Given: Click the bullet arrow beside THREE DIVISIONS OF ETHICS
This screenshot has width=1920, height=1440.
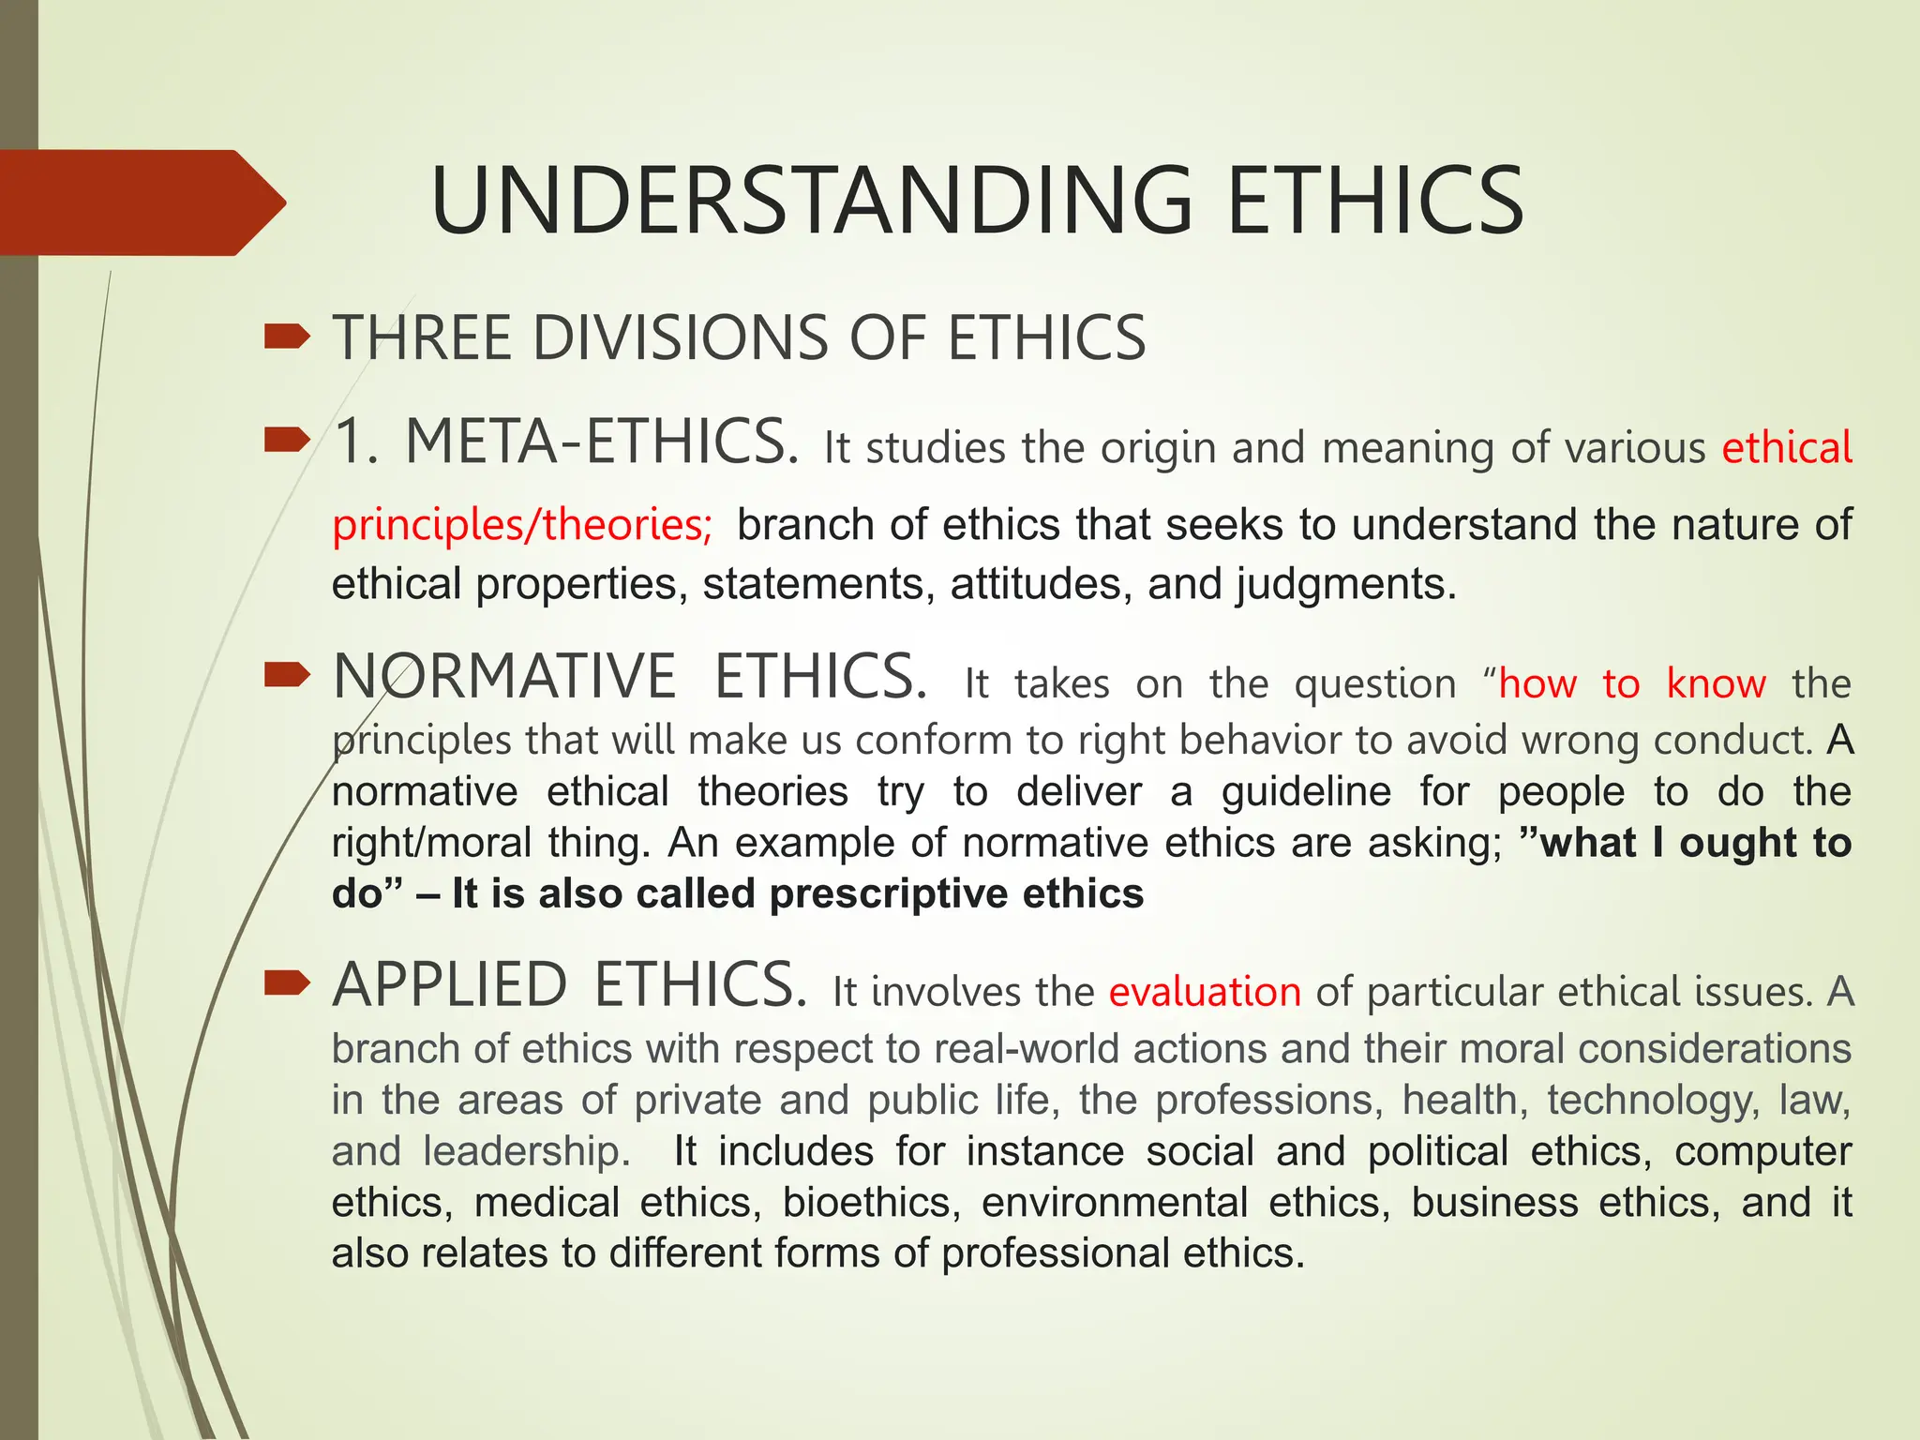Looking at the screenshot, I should coord(287,336).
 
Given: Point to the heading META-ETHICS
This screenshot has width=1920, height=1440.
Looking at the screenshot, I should coord(601,442).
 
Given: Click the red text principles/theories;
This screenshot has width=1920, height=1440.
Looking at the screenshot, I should coord(522,524).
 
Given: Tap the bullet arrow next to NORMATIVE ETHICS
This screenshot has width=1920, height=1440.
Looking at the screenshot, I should coord(287,674).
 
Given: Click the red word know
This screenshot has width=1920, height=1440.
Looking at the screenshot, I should coord(1716,683).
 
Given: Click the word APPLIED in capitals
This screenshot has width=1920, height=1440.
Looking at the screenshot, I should coord(450,985).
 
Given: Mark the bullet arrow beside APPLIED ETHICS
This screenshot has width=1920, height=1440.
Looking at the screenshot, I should coord(287,982).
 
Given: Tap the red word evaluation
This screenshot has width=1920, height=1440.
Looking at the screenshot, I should coord(1205,992).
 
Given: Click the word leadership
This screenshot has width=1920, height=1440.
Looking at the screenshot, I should coord(526,1151).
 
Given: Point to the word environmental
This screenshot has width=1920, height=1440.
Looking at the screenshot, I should coord(1115,1203).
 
